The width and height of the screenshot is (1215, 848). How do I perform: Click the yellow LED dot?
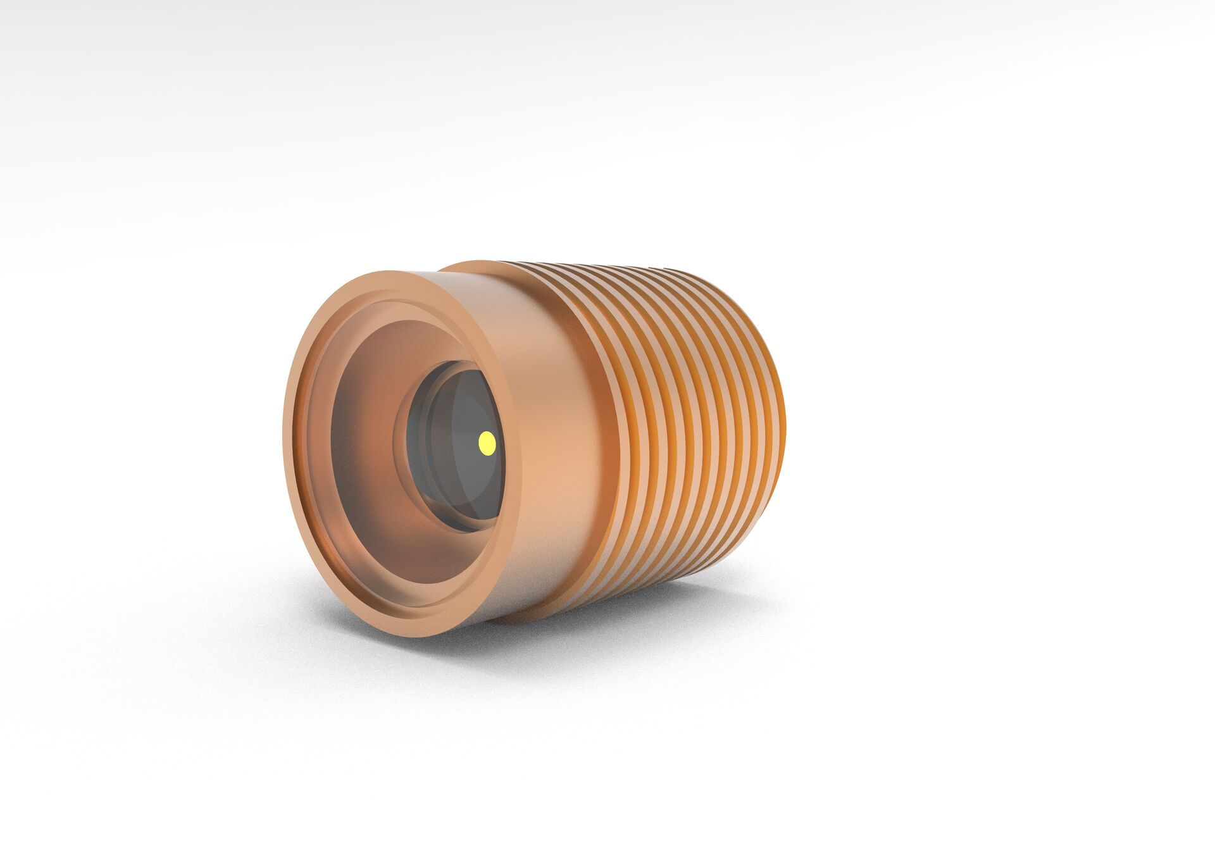pos(487,442)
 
